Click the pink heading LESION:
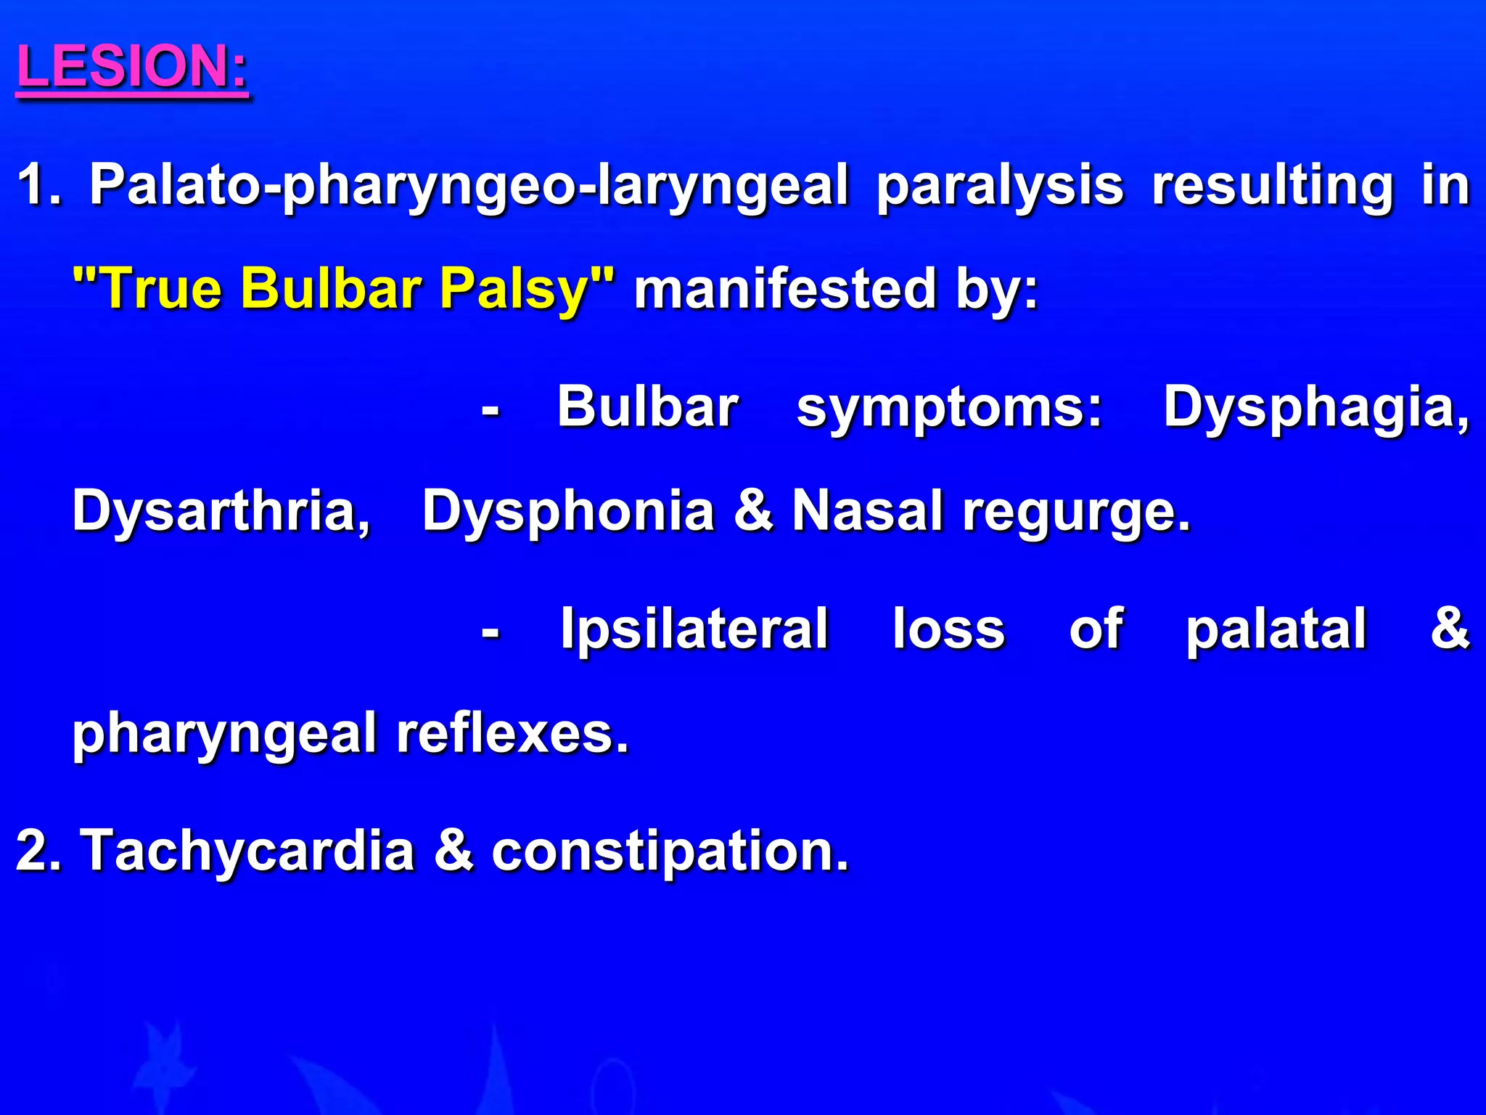(131, 67)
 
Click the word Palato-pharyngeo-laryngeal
(469, 186)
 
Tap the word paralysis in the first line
(1000, 186)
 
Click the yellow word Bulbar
(331, 288)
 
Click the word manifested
(785, 288)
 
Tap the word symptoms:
(949, 408)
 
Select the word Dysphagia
(1316, 408)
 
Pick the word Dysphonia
(568, 511)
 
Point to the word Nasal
(867, 511)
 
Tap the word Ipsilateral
(694, 629)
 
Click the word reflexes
(512, 733)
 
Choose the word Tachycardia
(247, 850)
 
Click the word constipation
(669, 851)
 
